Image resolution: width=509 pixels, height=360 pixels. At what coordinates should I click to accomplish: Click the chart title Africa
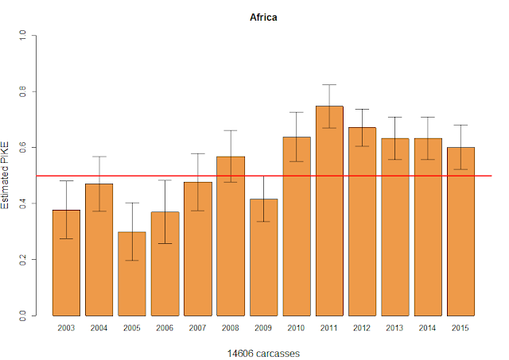pyautogui.click(x=263, y=17)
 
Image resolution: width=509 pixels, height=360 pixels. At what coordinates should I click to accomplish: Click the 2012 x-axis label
pyautogui.click(x=362, y=327)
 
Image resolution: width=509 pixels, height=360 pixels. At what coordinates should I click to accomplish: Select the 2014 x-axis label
pyautogui.click(x=428, y=327)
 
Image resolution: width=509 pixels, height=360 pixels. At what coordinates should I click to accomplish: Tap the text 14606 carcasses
pyautogui.click(x=263, y=350)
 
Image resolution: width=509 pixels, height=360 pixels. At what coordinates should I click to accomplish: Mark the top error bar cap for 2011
pyautogui.click(x=329, y=84)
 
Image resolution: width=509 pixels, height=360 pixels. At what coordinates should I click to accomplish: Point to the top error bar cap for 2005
pyautogui.click(x=132, y=203)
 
